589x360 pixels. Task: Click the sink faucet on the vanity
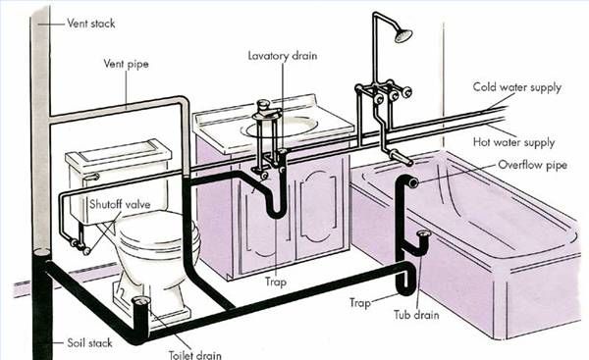[x=263, y=109]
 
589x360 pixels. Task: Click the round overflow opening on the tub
[x=413, y=182]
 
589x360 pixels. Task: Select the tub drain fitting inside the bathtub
[x=424, y=235]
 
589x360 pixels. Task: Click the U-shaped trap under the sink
[x=276, y=202]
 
